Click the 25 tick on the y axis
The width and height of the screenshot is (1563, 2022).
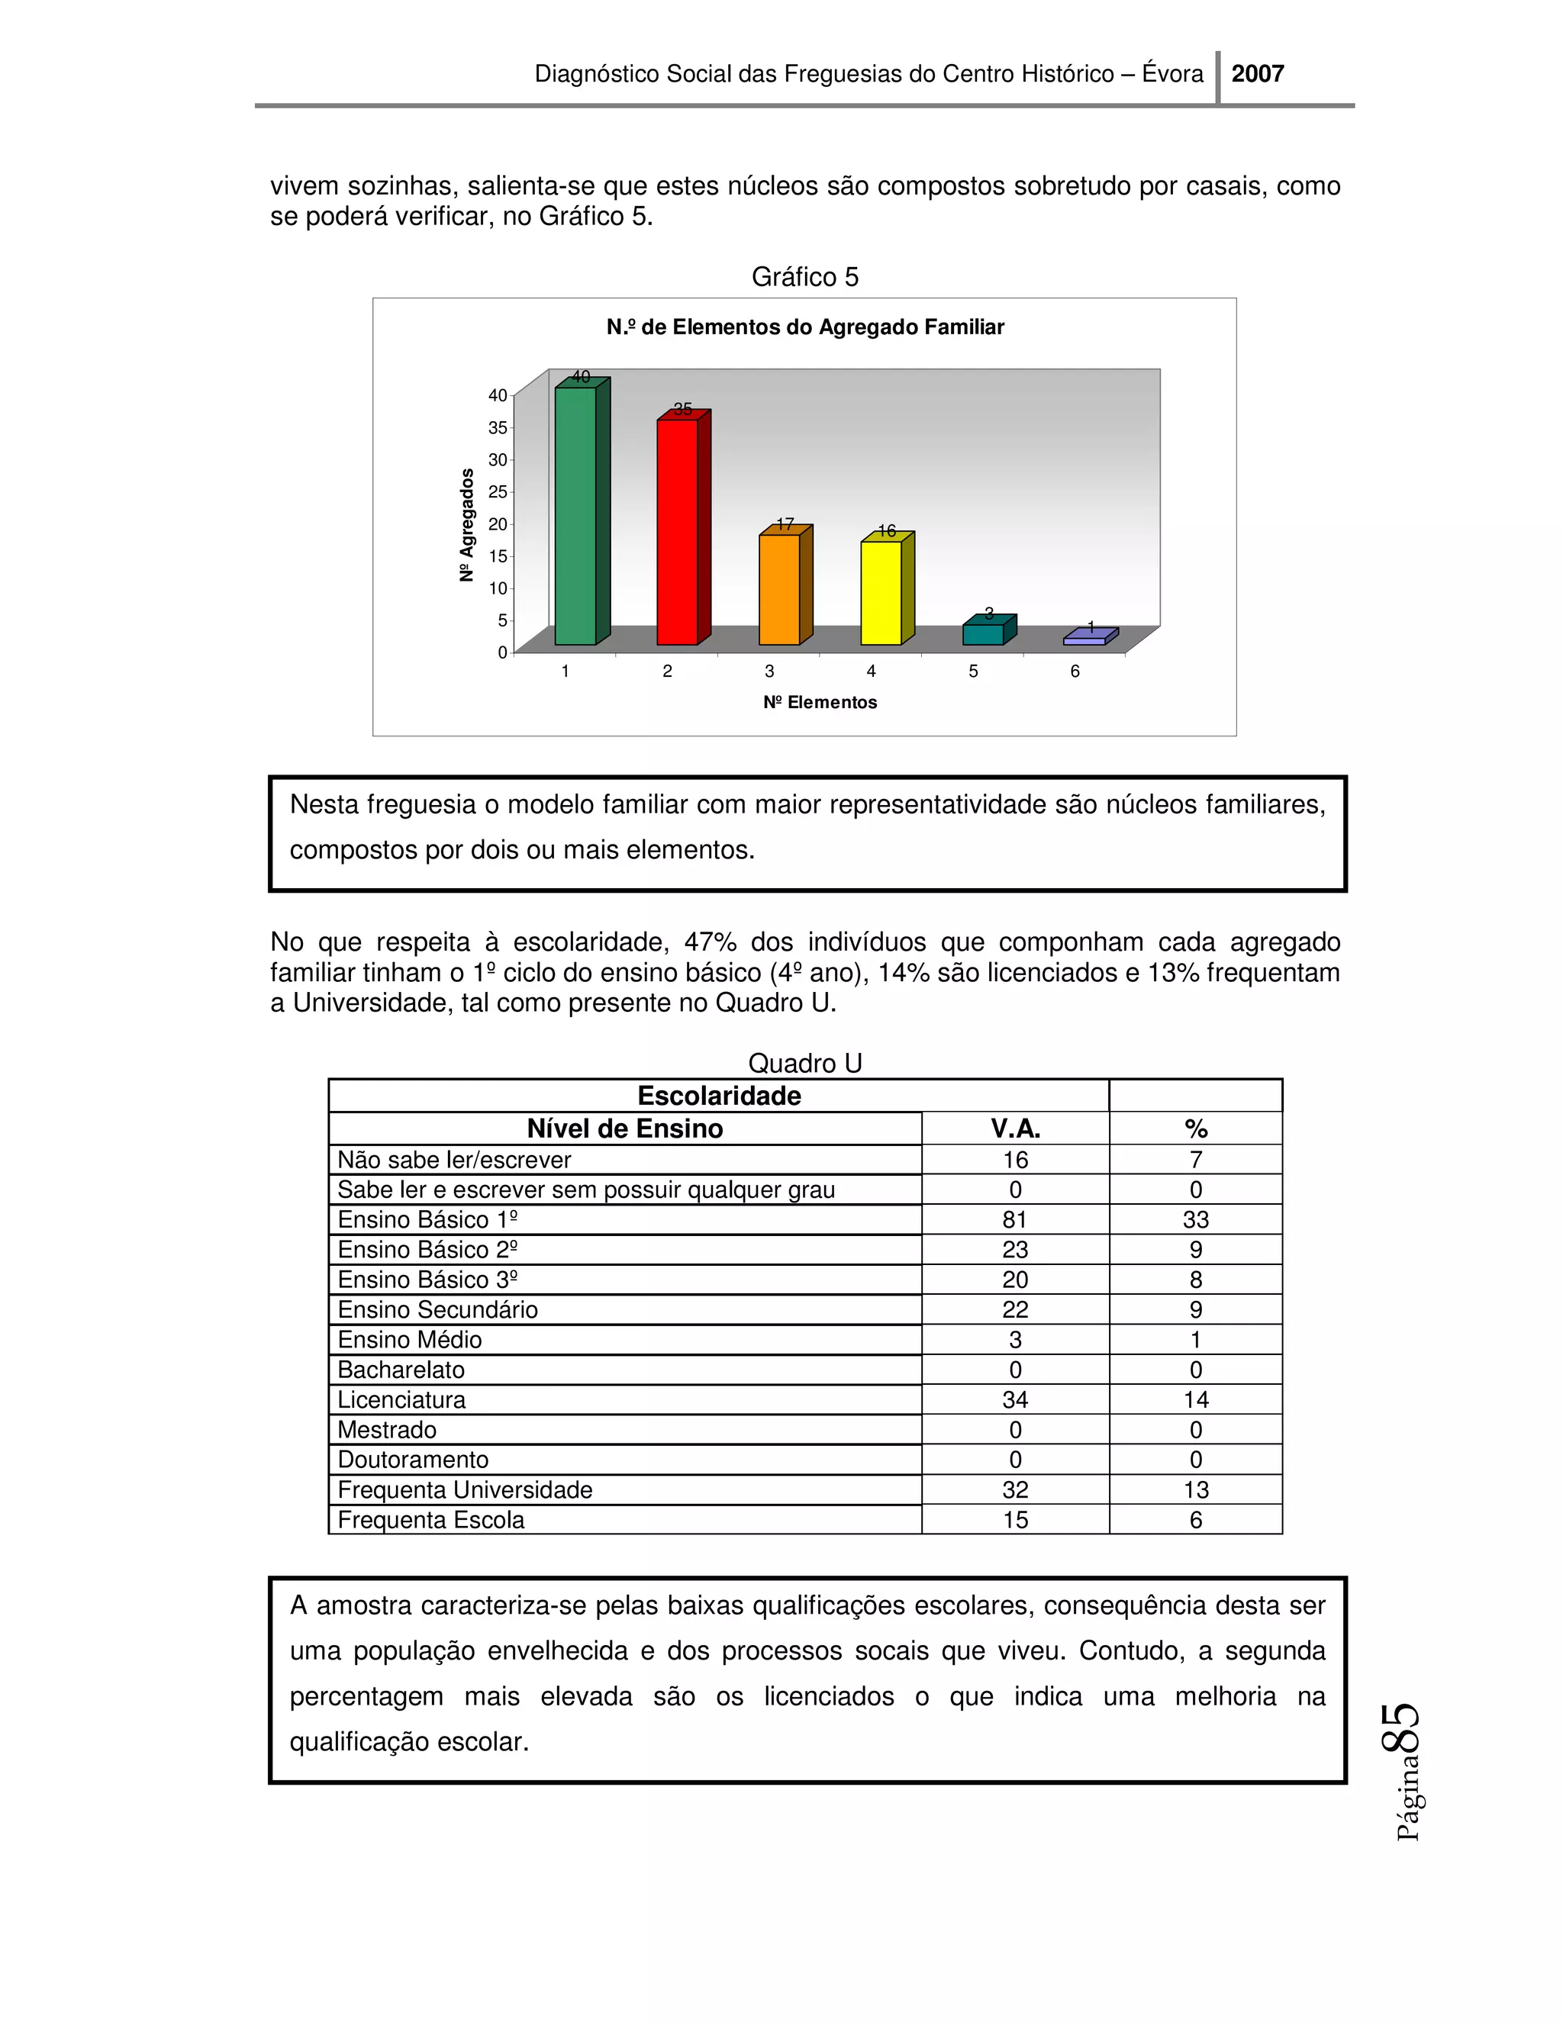tap(498, 491)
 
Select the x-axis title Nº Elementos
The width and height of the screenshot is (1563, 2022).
tap(820, 702)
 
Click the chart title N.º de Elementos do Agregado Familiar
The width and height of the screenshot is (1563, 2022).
tap(804, 327)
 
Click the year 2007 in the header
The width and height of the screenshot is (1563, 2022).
tap(1258, 74)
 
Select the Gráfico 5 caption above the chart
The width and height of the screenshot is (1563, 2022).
tap(804, 277)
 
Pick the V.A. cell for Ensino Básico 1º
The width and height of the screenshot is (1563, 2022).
tap(1015, 1219)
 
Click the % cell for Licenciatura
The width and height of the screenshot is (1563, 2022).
tap(1195, 1400)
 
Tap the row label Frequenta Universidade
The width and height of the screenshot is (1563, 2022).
tap(465, 1489)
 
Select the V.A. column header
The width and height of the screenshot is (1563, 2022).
tap(1015, 1129)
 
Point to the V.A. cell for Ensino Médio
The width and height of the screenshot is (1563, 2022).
tap(1015, 1340)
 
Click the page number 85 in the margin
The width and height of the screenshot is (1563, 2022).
tap(1400, 1727)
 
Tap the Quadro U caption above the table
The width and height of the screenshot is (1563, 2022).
tap(804, 1063)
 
